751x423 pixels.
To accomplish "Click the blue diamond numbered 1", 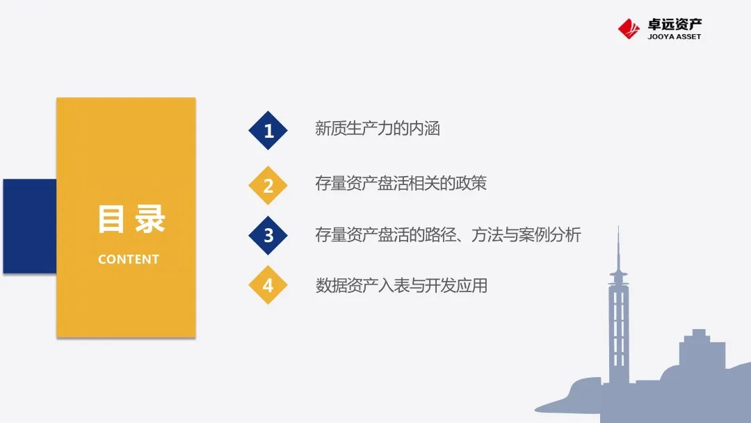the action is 268,130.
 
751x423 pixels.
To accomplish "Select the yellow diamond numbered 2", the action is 268,185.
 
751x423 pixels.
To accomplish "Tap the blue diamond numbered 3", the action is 268,235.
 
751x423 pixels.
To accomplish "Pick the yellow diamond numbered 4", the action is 268,285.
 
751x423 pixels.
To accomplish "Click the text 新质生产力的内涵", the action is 378,129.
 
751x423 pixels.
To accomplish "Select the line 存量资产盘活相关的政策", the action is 401,183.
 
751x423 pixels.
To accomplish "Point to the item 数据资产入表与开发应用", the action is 401,285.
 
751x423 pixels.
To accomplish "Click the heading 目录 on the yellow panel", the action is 131,219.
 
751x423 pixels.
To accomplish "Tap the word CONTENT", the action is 129,260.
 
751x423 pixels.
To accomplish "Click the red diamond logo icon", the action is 629,29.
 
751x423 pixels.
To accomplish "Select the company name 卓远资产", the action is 675,24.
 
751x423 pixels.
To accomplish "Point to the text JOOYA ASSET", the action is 675,36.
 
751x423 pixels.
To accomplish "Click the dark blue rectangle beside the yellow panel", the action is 30,226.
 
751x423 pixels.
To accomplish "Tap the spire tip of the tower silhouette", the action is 618,227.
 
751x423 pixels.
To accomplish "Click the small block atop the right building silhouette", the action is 699,333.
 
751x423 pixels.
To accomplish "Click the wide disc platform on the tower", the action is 618,275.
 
